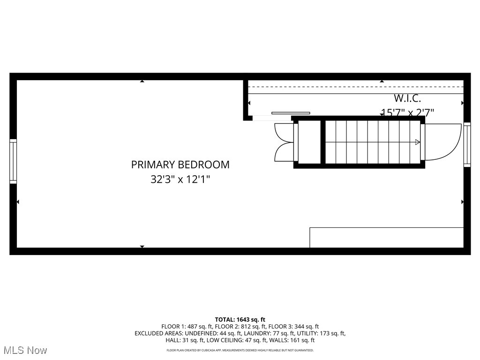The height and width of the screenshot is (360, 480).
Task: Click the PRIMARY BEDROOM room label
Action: point(180,165)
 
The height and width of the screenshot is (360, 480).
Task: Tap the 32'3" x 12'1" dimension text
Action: point(180,180)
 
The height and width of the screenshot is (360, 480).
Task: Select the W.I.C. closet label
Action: point(407,98)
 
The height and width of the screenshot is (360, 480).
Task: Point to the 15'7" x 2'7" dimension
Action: point(407,112)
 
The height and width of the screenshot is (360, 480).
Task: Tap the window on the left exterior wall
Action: point(13,161)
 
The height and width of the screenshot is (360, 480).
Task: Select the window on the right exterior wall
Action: point(467,144)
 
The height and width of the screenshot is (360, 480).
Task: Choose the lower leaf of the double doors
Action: point(284,152)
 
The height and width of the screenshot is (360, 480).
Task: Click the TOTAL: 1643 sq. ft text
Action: point(240,320)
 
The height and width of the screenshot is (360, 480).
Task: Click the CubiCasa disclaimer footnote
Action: point(240,350)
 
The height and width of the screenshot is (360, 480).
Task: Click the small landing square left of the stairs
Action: point(309,142)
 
